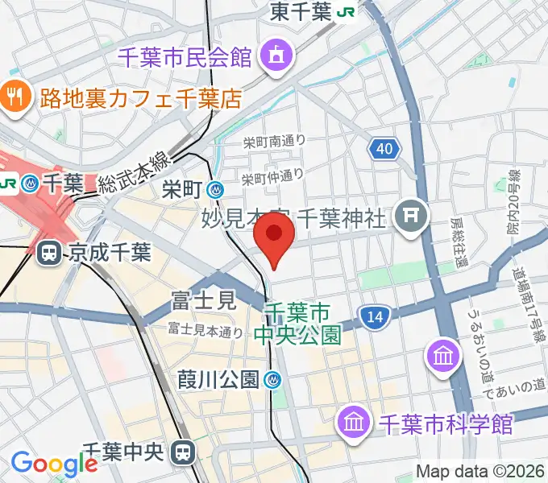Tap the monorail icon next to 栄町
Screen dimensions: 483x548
(x=215, y=190)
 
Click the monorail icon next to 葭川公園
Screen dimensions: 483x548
(x=275, y=379)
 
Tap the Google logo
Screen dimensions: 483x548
(x=54, y=464)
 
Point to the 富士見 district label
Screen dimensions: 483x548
(x=203, y=302)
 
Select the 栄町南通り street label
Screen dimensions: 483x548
(x=274, y=142)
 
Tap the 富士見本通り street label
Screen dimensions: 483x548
(x=205, y=330)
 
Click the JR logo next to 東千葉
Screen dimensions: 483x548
(x=348, y=12)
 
